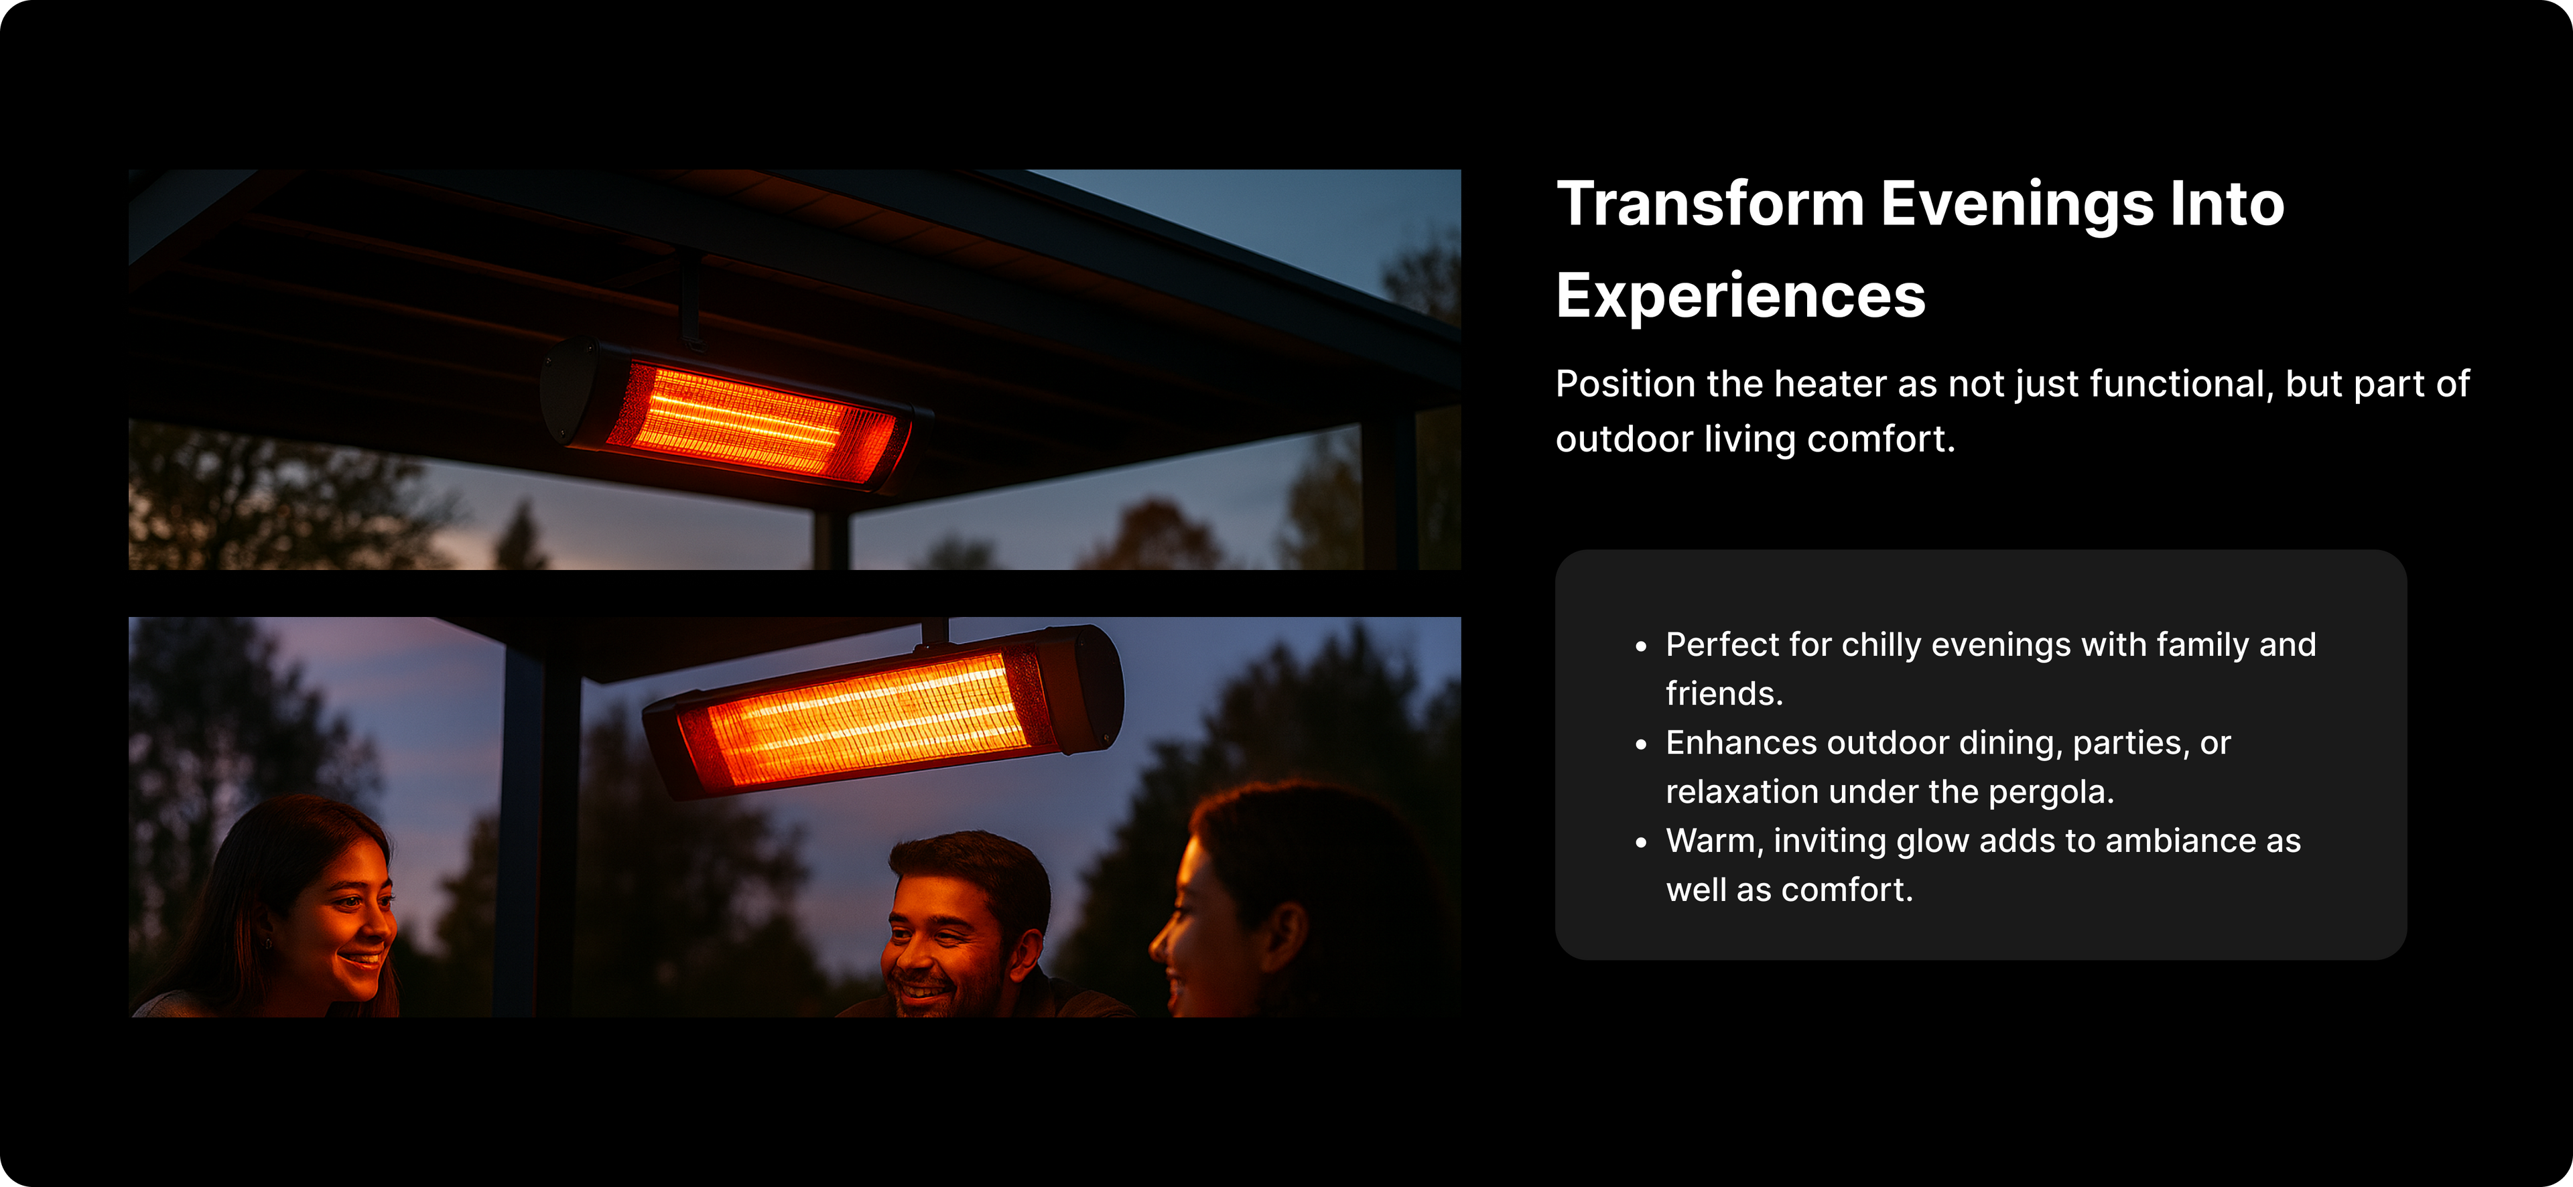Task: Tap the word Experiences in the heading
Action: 1741,297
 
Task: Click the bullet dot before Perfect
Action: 1641,647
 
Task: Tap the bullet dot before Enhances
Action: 1641,745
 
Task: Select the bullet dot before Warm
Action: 1641,843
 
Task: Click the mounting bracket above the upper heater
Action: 690,299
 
